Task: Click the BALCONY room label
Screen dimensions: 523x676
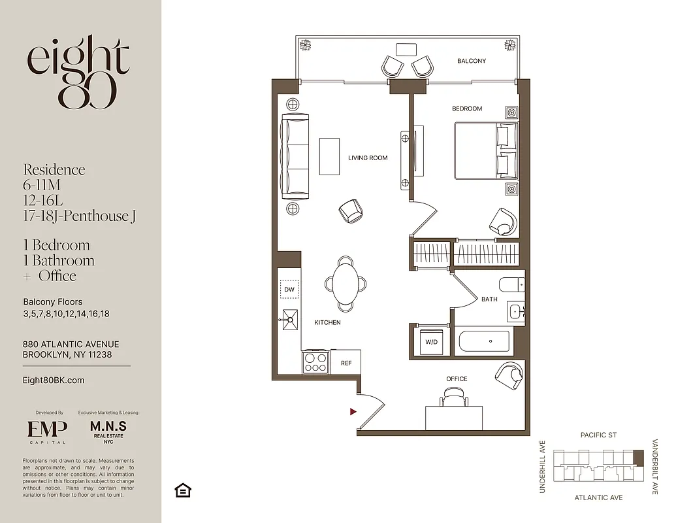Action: point(471,61)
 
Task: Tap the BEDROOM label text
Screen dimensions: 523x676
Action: point(467,109)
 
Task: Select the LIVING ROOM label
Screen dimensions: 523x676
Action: point(368,158)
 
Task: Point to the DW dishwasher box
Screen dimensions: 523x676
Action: point(289,288)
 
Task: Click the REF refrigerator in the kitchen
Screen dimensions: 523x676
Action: point(346,362)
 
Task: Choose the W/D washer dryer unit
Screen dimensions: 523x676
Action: point(431,342)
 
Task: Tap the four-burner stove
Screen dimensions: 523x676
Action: point(315,362)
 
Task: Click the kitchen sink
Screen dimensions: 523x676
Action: point(290,320)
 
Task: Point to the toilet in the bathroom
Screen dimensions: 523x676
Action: point(510,285)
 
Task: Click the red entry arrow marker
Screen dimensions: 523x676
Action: point(353,412)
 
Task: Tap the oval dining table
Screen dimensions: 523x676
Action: point(345,284)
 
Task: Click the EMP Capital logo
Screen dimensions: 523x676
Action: point(47,430)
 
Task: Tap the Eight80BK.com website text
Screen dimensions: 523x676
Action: point(54,380)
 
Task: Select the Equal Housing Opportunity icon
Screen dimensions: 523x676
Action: point(183,490)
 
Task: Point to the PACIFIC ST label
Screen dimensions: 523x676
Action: point(598,435)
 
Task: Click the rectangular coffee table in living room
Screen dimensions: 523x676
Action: point(329,156)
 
